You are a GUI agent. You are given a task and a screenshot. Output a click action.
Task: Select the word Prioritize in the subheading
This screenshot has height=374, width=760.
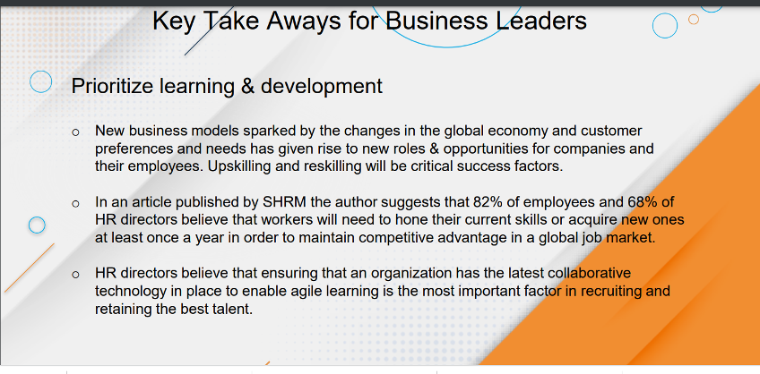point(112,86)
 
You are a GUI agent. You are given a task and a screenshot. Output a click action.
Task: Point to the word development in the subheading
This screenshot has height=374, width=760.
point(322,87)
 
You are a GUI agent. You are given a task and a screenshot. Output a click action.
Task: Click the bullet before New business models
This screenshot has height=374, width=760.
point(75,132)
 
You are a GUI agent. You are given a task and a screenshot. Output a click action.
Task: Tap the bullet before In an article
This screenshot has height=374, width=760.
point(75,204)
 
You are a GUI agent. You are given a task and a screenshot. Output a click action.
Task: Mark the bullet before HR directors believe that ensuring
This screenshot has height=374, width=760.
point(75,276)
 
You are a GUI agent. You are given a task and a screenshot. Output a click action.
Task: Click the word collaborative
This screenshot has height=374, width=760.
point(590,274)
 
